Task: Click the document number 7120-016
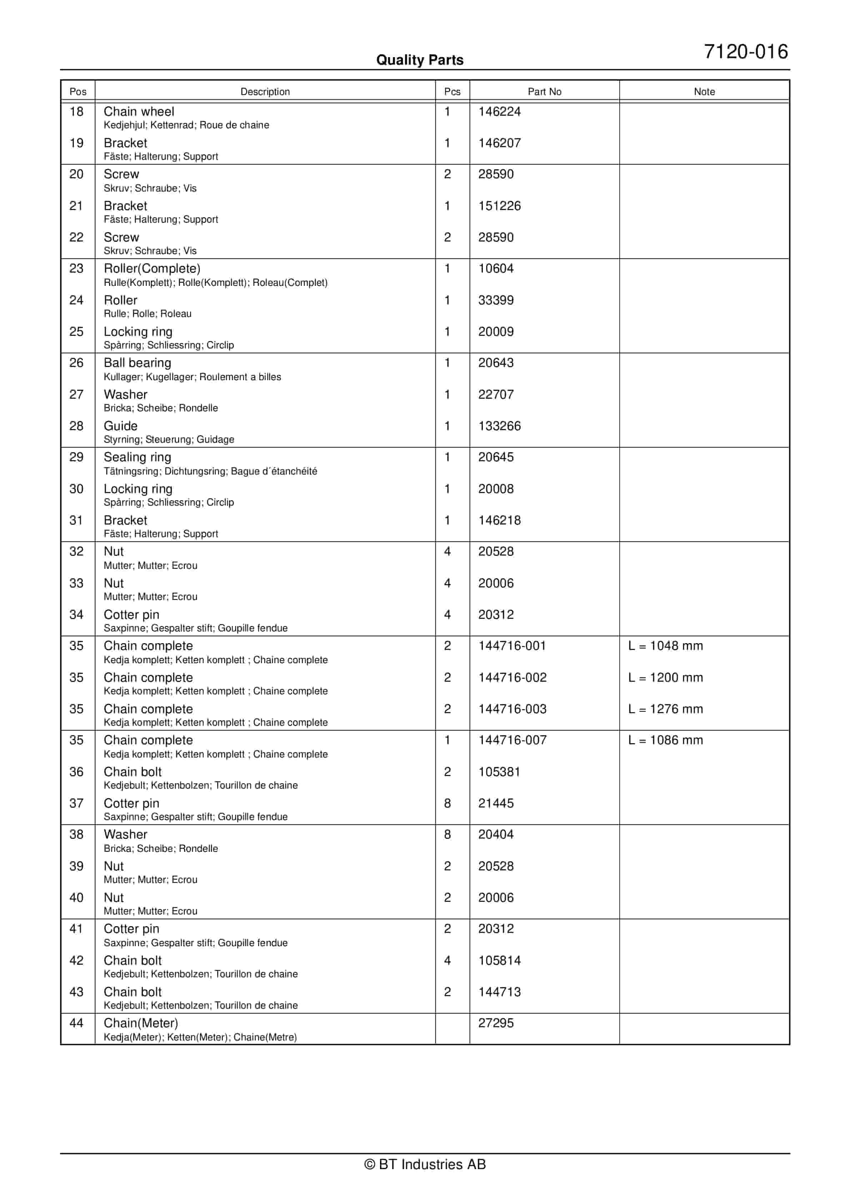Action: click(745, 52)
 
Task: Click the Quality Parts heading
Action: click(420, 60)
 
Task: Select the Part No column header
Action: click(544, 91)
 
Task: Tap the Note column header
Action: click(704, 91)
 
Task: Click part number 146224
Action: click(499, 111)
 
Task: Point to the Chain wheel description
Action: click(139, 111)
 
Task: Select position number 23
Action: click(76, 269)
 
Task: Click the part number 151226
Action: click(499, 206)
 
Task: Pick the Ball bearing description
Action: click(137, 363)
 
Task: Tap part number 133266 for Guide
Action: click(499, 426)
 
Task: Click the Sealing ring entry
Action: click(137, 457)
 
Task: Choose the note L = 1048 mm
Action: click(665, 646)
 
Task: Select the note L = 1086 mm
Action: click(665, 740)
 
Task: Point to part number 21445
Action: click(496, 803)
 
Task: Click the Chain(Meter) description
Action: click(140, 1023)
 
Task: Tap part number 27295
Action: click(496, 1023)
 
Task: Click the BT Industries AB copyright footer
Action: click(425, 1164)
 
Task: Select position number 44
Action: click(76, 1023)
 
